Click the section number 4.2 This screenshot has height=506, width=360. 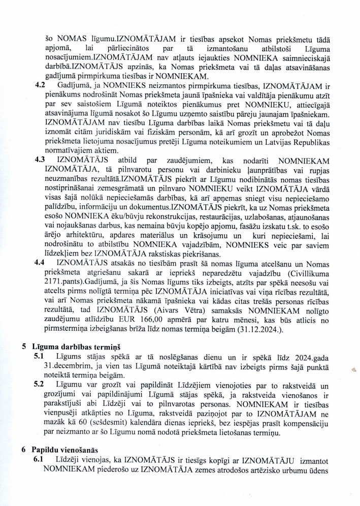(41, 85)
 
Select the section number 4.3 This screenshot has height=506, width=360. (41, 159)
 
